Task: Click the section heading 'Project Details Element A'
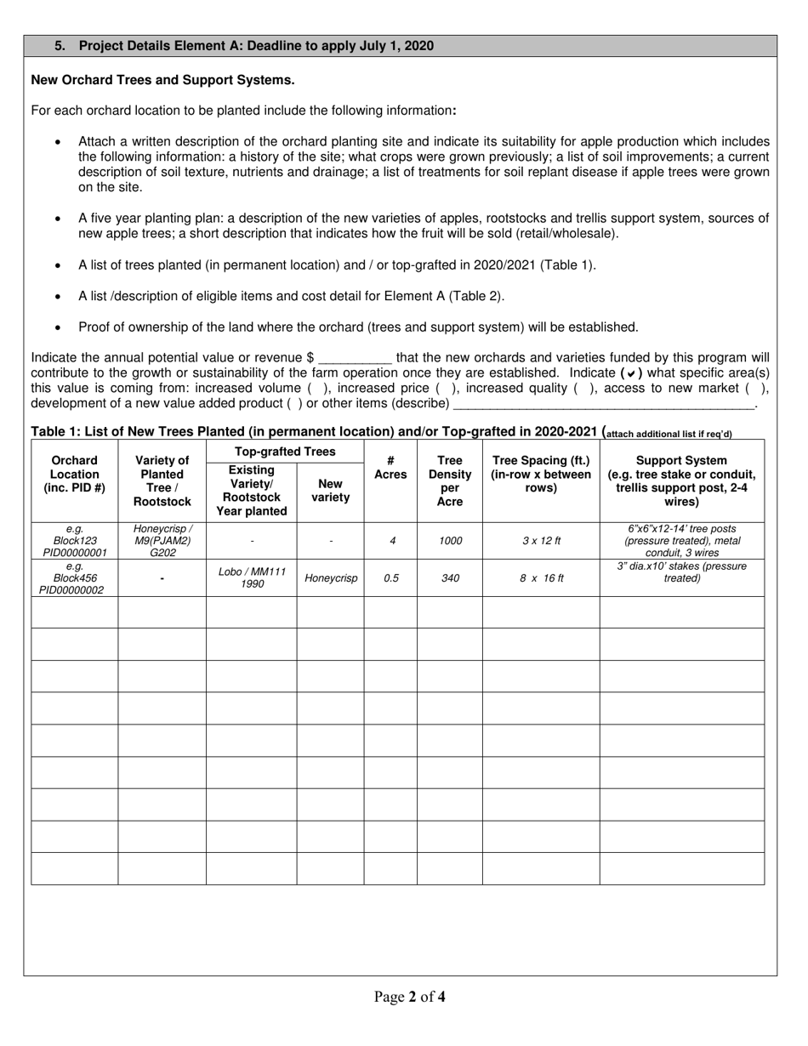click(255, 46)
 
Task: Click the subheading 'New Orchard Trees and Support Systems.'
click(162, 80)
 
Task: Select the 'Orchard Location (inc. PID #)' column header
click(74, 475)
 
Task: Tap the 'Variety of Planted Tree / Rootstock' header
click(162, 480)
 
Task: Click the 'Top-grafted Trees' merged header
click(285, 452)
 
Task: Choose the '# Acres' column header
click(390, 468)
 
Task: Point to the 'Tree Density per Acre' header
click(449, 480)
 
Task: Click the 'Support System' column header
click(681, 480)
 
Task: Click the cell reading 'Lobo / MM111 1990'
click(252, 577)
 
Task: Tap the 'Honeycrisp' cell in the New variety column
click(331, 578)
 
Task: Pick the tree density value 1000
click(449, 541)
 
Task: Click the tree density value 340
click(449, 578)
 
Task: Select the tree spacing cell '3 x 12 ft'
click(540, 541)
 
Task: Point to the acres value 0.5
click(390, 578)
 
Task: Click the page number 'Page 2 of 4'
click(409, 997)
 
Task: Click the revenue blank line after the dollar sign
click(355, 358)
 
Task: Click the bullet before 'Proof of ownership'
click(58, 327)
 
